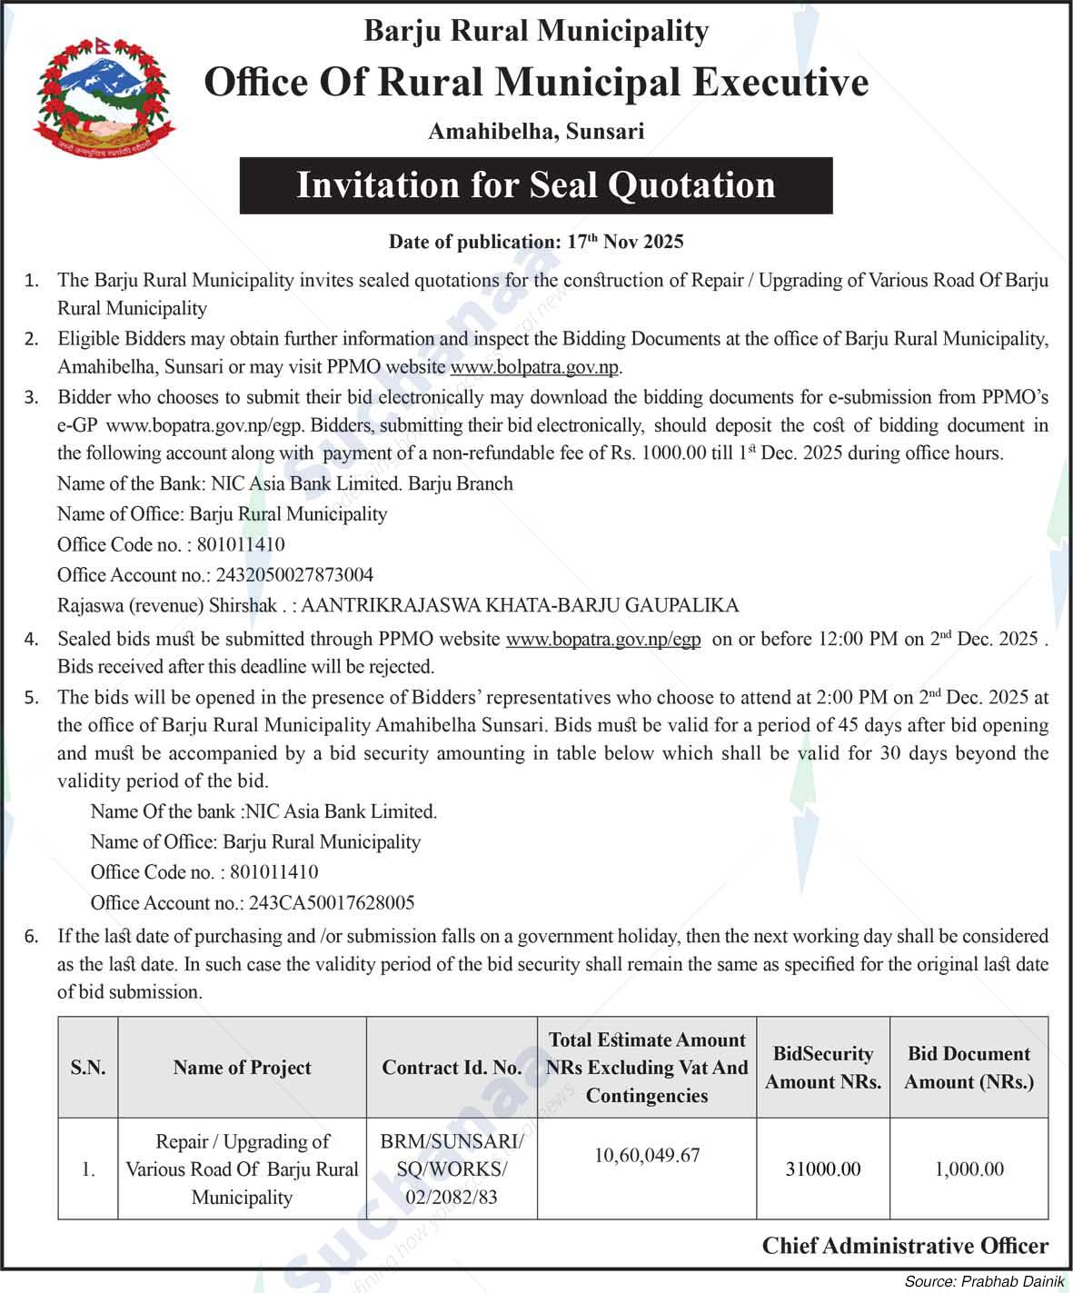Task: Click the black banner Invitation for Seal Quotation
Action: coord(536,185)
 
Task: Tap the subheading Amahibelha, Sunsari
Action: coord(536,132)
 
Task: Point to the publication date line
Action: coord(536,242)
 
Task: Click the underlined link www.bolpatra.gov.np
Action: coord(534,368)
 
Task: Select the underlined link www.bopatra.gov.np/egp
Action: coord(602,640)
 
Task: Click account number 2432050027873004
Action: coord(293,575)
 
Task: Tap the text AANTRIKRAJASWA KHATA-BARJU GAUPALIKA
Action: coord(519,605)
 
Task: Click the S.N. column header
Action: coord(88,1068)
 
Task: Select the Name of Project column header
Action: coord(242,1068)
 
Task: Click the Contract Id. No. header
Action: coord(452,1068)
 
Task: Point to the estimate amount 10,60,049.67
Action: coord(647,1156)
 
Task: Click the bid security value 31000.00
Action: coord(822,1169)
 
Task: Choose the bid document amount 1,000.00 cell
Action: coord(969,1169)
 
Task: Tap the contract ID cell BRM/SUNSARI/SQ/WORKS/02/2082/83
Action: coord(452,1169)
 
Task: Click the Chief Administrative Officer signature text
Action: coord(905,1246)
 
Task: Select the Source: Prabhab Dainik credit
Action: coord(984,1281)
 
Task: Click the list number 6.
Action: coord(32,937)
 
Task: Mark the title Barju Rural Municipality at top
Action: coord(536,32)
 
